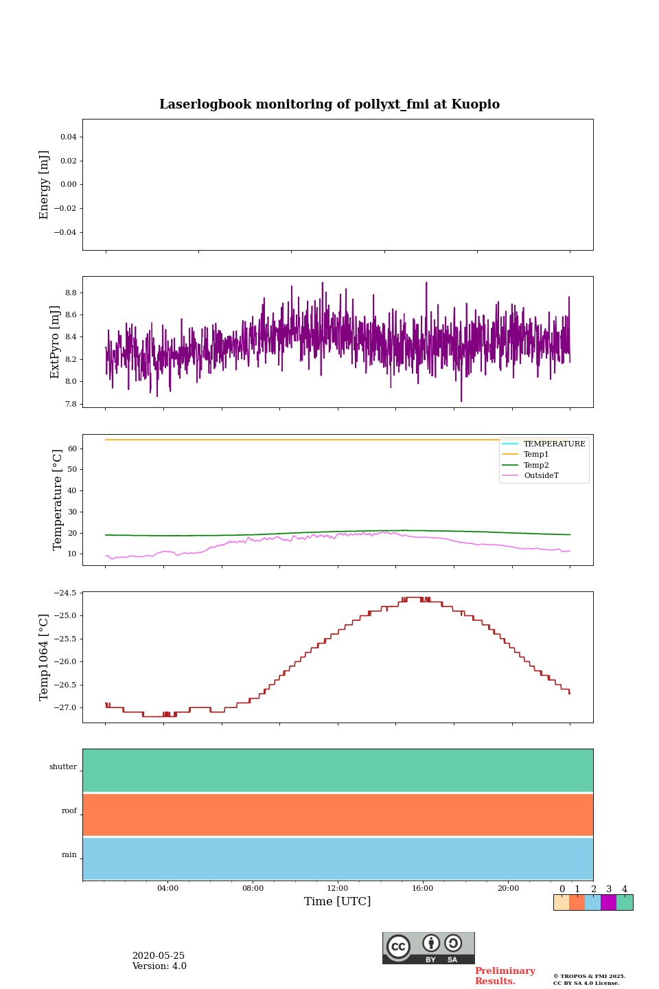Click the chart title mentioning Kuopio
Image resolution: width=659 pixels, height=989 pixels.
(x=329, y=104)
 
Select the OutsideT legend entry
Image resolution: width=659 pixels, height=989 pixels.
(x=541, y=476)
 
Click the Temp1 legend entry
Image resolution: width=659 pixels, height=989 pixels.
(x=536, y=455)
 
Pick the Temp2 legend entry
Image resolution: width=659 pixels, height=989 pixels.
(x=536, y=465)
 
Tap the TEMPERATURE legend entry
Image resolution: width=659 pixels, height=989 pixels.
(x=554, y=444)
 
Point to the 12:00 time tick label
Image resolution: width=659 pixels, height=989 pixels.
(x=338, y=888)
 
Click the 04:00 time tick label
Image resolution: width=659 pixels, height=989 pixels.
(x=167, y=888)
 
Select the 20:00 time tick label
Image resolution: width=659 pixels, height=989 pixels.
(x=508, y=888)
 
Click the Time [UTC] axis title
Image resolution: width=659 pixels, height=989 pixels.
(x=338, y=901)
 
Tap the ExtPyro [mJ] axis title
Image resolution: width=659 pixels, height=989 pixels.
(x=56, y=342)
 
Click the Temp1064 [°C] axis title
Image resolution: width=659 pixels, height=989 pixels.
(x=45, y=657)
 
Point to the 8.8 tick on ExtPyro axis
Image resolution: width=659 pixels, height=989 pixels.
(x=70, y=293)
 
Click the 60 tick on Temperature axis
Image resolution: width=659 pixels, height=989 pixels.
(x=71, y=448)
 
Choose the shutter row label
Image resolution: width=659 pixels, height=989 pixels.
(x=63, y=767)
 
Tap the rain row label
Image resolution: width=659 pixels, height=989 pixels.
(x=69, y=855)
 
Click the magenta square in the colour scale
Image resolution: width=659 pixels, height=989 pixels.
(x=608, y=902)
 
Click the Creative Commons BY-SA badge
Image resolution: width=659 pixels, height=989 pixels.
(x=428, y=948)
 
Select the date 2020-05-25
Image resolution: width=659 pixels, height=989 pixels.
(x=159, y=956)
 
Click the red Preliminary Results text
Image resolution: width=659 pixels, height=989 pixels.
(x=505, y=976)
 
